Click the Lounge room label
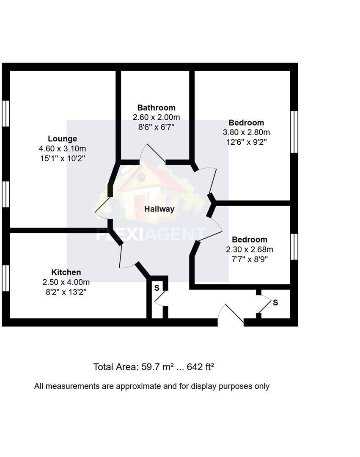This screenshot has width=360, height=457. click(62, 139)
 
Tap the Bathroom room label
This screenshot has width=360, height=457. click(156, 107)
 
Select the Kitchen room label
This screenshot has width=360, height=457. click(66, 272)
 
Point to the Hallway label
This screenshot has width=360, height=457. click(159, 209)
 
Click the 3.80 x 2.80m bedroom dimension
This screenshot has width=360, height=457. click(246, 132)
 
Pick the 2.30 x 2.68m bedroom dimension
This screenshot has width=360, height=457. click(250, 249)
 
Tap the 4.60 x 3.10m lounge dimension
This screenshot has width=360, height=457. click(62, 149)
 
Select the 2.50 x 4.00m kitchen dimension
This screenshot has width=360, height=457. click(66, 282)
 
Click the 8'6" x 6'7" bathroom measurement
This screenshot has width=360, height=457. click(156, 127)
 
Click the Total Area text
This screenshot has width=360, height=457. click(133, 367)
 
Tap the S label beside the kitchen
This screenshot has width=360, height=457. click(157, 288)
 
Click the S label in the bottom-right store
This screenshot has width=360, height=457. click(275, 303)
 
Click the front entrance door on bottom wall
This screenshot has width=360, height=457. click(231, 315)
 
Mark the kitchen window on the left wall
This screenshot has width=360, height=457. click(5, 278)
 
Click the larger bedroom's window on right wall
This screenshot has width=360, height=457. click(294, 132)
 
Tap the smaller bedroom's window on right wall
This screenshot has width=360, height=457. click(294, 247)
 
